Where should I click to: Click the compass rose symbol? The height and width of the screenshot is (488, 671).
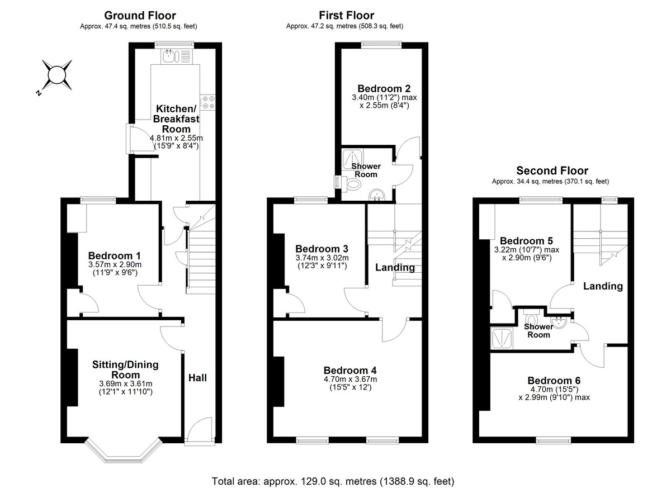click(56, 75)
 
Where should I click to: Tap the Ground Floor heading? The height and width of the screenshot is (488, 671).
click(139, 16)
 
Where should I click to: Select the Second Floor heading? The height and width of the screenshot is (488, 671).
click(552, 170)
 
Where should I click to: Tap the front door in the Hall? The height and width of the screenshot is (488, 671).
click(198, 432)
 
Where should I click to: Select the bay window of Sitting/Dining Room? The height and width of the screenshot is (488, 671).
click(123, 451)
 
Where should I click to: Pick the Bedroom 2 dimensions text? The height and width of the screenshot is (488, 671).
click(384, 101)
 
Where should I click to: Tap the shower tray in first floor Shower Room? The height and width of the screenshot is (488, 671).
click(354, 157)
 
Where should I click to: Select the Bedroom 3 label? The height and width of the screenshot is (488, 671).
click(322, 249)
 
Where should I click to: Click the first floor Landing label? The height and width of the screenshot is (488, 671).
click(395, 267)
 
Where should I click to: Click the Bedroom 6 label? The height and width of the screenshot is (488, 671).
click(554, 378)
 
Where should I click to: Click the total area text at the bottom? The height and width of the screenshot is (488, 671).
click(333, 481)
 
